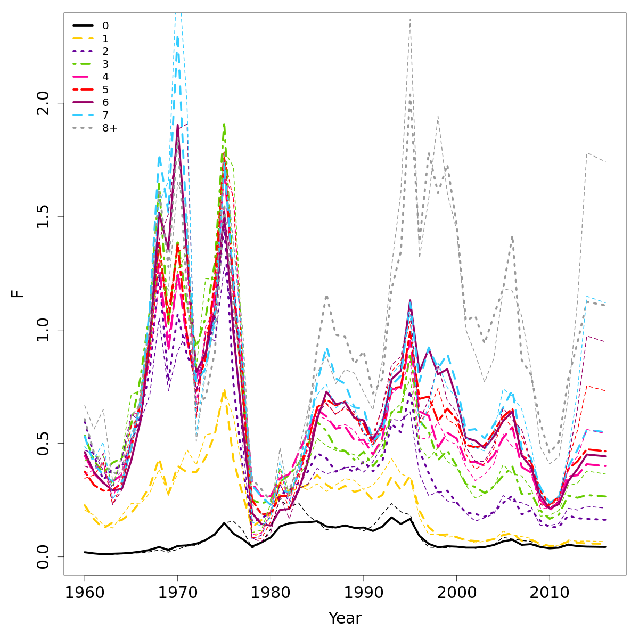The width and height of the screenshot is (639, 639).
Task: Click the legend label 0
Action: (105, 26)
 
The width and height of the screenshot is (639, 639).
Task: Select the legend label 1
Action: (105, 38)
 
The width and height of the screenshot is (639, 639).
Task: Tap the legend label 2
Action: (105, 51)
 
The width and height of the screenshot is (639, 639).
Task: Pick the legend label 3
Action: (105, 64)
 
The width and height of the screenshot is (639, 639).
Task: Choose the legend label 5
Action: (105, 89)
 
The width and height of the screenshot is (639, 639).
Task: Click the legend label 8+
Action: (110, 128)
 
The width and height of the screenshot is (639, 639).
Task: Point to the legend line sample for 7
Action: (83, 115)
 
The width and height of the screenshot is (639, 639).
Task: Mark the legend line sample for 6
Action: (83, 102)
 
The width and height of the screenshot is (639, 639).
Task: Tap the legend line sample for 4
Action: (83, 77)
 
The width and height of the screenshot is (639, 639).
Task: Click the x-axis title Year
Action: (345, 618)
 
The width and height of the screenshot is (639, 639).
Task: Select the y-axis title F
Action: (19, 293)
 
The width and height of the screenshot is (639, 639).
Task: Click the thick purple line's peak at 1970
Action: (177, 125)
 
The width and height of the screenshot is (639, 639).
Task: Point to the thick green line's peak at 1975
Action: (224, 124)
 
